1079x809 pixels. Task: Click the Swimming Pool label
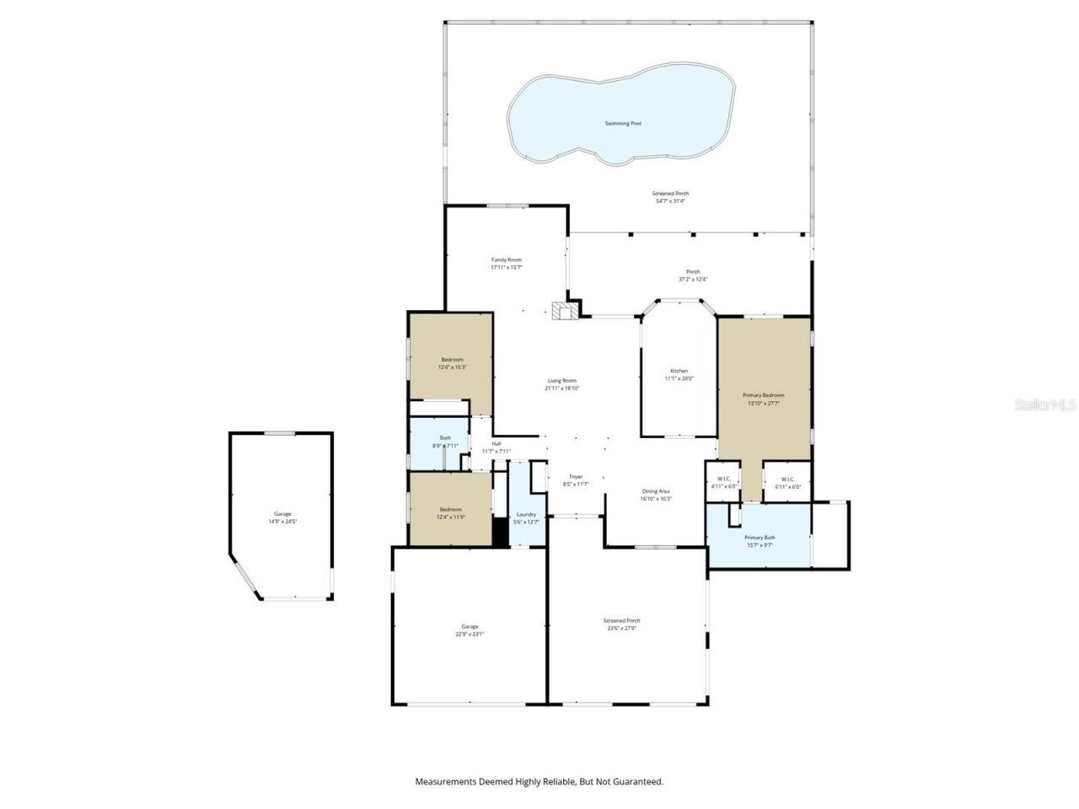click(623, 124)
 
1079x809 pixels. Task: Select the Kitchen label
click(679, 371)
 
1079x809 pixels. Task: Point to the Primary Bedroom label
click(763, 395)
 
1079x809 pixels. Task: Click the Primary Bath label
click(760, 538)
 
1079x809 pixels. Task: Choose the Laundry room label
click(526, 514)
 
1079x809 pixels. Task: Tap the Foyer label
click(576, 476)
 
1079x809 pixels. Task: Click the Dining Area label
click(656, 491)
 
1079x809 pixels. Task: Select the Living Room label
click(562, 381)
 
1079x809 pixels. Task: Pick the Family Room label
click(507, 260)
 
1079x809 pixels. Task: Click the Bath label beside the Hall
click(444, 437)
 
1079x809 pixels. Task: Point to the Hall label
click(497, 443)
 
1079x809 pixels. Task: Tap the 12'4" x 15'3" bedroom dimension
click(451, 367)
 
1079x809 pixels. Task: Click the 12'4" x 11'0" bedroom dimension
click(450, 517)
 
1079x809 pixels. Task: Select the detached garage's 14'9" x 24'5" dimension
click(282, 522)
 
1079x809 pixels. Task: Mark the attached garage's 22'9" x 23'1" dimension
click(470, 635)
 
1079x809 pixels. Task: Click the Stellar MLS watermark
click(1045, 405)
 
